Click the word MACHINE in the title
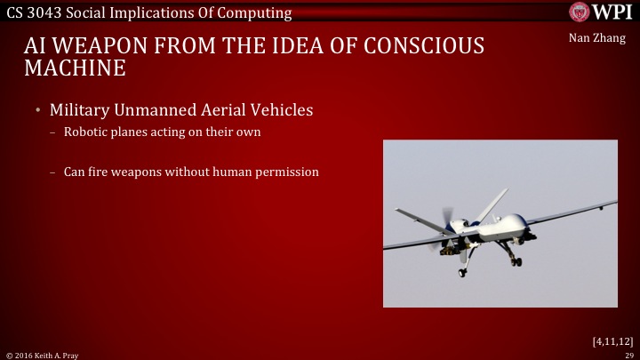click(x=75, y=68)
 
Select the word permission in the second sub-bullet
click(x=287, y=172)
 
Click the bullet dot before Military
click(x=38, y=110)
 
